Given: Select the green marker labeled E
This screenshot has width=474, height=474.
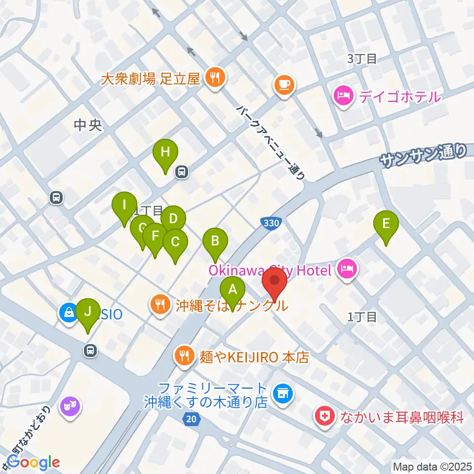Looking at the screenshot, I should [386, 225].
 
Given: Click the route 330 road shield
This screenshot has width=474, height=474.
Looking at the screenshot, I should [270, 224].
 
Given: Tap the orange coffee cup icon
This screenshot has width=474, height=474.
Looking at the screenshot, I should [284, 85].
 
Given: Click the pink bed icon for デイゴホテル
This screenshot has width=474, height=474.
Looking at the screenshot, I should [344, 95].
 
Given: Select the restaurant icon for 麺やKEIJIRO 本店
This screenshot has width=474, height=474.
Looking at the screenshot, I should [185, 356].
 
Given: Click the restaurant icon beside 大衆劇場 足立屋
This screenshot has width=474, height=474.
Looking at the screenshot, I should [215, 77].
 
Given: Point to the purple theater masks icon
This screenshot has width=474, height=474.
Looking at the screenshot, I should [70, 407].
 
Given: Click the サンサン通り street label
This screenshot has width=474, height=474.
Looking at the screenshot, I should [424, 156].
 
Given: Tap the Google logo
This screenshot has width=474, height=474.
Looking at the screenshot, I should [34, 462].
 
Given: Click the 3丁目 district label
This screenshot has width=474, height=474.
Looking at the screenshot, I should [361, 59].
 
